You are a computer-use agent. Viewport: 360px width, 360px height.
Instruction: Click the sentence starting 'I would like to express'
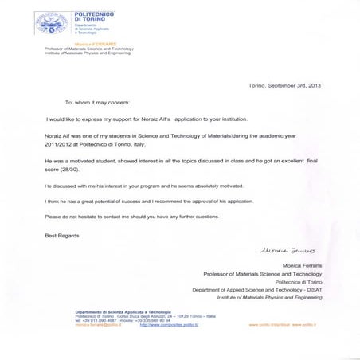tap(140, 117)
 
